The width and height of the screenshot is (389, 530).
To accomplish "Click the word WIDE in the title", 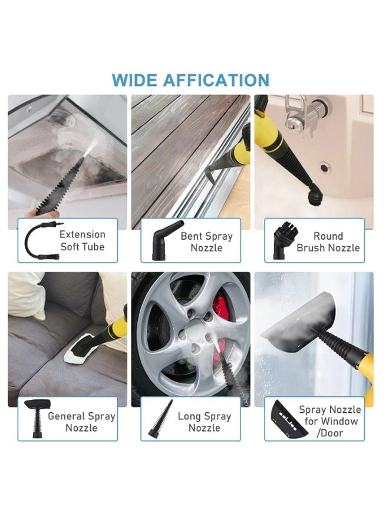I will coord(133,80).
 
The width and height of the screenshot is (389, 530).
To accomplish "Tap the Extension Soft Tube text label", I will coord(83,240).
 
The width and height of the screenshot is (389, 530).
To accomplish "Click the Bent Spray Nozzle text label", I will coord(206,241).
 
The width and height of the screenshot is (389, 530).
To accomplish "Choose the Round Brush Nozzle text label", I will coord(328,241).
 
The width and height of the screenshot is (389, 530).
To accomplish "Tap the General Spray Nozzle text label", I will coord(81,421).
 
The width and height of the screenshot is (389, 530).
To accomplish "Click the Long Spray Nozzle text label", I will coord(205,421).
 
